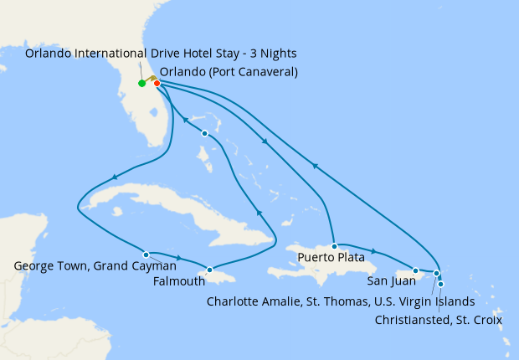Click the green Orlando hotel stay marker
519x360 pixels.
coord(142,83)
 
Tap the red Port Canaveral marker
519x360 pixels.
coord(157,83)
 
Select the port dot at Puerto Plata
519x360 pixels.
coord(334,246)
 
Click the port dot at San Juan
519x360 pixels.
coord(416,270)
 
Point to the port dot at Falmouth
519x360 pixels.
coord(209,270)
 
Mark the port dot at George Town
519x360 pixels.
coord(146,254)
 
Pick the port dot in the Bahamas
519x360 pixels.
coord(204,134)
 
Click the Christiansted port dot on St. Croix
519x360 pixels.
coord(441,284)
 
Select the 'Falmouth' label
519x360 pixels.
coord(178,281)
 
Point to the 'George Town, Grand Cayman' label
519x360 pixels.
coord(95,267)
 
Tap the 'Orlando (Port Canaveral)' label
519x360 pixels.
coord(228,71)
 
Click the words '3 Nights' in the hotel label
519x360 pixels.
coord(270,54)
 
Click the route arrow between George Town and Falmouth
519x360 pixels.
coord(178,257)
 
